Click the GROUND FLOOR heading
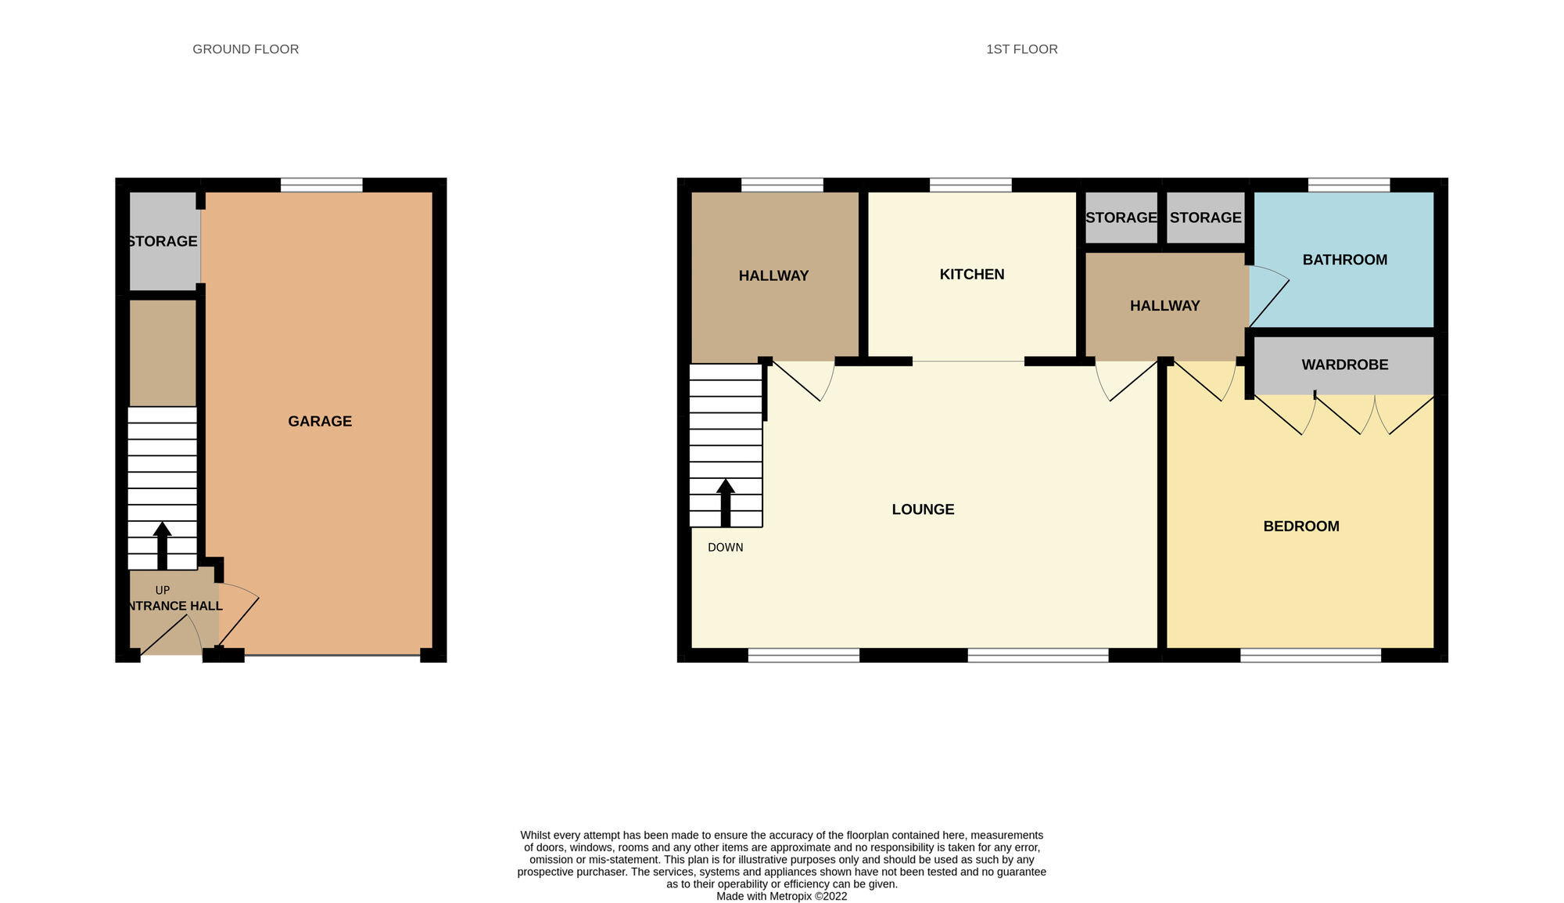pos(246,49)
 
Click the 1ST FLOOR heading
pos(1021,49)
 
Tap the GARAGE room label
pos(320,421)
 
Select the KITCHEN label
pos(972,274)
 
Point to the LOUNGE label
pos(923,509)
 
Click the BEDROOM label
pos(1301,526)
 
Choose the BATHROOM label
pos(1344,260)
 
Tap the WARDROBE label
pos(1344,365)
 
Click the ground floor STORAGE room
pos(163,241)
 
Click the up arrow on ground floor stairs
pos(163,544)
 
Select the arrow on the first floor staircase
pos(726,502)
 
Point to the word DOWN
pos(725,548)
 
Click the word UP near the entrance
pos(163,591)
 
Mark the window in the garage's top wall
pos(321,185)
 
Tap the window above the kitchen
pos(970,185)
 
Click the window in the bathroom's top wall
pos(1349,185)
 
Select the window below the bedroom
pos(1311,656)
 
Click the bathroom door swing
pos(1267,293)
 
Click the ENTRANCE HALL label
pos(174,606)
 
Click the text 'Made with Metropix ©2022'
pos(781,896)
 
